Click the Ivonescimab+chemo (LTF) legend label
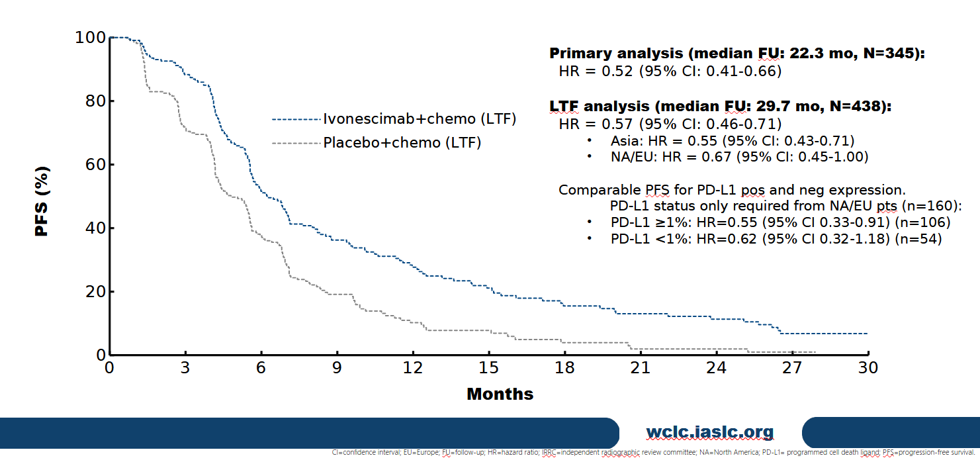tap(420, 119)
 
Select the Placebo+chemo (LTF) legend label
tap(402, 142)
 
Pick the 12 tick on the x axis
tap(413, 367)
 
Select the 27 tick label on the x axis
tap(792, 367)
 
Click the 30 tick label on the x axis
tap(868, 367)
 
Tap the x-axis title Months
tap(500, 394)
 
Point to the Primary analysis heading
tap(736, 54)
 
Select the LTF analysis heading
tap(720, 107)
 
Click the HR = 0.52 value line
tap(670, 71)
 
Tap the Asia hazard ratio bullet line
tap(733, 140)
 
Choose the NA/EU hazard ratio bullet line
tap(739, 157)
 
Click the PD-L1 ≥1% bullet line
tap(780, 222)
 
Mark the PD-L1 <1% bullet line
tap(776, 239)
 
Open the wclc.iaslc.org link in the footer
tap(709, 433)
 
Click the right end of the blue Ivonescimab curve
tap(866, 334)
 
